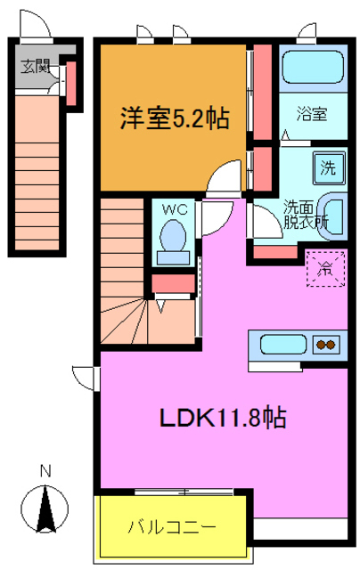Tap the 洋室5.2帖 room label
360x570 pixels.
[171, 118]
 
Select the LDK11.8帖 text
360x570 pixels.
[222, 417]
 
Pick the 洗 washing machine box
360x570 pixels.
[326, 166]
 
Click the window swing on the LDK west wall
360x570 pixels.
[85, 377]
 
